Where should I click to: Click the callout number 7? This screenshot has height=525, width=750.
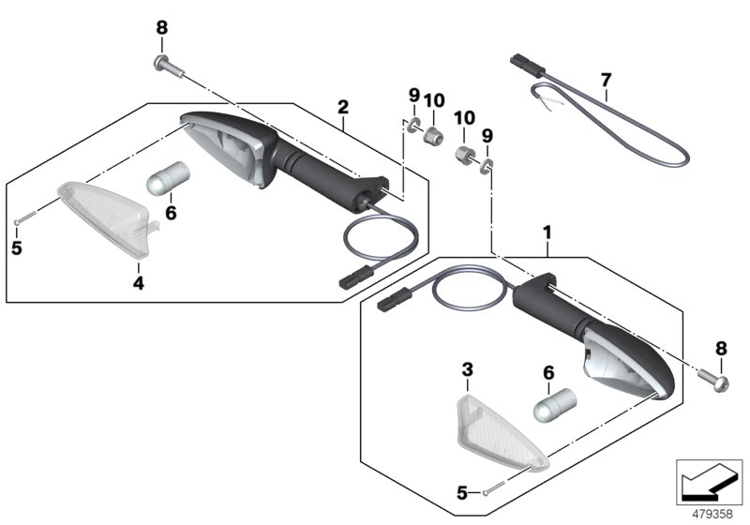pyautogui.click(x=606, y=80)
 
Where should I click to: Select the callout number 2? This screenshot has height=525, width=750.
pyautogui.click(x=343, y=107)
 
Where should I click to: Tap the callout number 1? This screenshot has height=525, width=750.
pyautogui.click(x=547, y=232)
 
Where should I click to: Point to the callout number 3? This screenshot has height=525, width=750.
pyautogui.click(x=467, y=369)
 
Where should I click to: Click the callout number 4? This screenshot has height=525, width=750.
pyautogui.click(x=138, y=283)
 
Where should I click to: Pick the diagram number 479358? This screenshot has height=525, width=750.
pyautogui.click(x=712, y=514)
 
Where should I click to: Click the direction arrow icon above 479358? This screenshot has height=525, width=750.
pyautogui.click(x=709, y=482)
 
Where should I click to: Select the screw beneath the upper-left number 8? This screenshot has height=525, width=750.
pyautogui.click(x=169, y=66)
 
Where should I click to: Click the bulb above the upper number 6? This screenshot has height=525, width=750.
pyautogui.click(x=170, y=178)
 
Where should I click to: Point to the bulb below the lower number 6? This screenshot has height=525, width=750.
pyautogui.click(x=555, y=405)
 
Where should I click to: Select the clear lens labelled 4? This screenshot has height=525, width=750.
pyautogui.click(x=104, y=217)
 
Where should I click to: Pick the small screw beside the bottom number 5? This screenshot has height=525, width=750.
pyautogui.click(x=493, y=488)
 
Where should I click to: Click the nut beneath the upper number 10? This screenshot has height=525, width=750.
pyautogui.click(x=432, y=135)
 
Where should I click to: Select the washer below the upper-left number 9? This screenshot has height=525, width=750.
pyautogui.click(x=412, y=126)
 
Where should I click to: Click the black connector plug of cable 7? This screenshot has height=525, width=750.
pyautogui.click(x=528, y=66)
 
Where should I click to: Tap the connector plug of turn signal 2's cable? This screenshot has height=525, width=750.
pyautogui.click(x=355, y=277)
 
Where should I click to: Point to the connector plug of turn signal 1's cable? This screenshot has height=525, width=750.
pyautogui.click(x=395, y=299)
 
